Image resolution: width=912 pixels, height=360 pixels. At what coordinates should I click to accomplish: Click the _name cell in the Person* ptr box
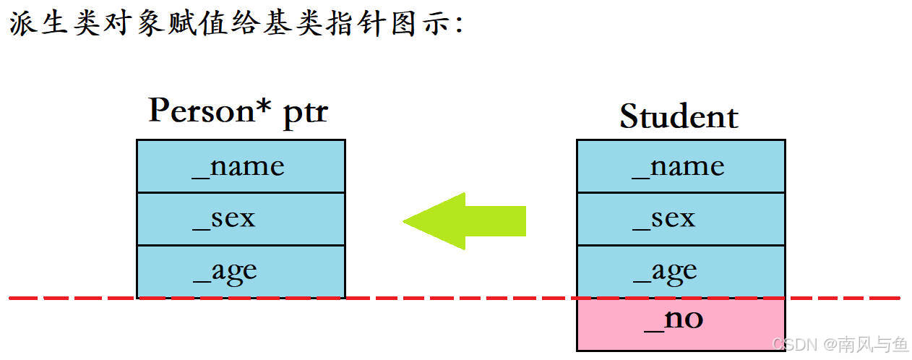[x=241, y=166]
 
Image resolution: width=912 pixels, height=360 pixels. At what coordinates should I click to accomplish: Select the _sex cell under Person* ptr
[x=241, y=218]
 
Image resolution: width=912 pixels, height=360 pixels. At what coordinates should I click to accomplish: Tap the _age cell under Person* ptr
[x=241, y=271]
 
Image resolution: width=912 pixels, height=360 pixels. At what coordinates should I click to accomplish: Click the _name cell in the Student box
[x=680, y=166]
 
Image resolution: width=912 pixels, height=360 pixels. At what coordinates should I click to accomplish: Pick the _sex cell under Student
[x=680, y=218]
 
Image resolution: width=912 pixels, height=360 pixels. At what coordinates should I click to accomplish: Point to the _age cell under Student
[x=680, y=271]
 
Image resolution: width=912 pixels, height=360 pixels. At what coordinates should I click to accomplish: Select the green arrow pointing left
[x=464, y=220]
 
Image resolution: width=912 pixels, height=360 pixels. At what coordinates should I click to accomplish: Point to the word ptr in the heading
[x=304, y=114]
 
